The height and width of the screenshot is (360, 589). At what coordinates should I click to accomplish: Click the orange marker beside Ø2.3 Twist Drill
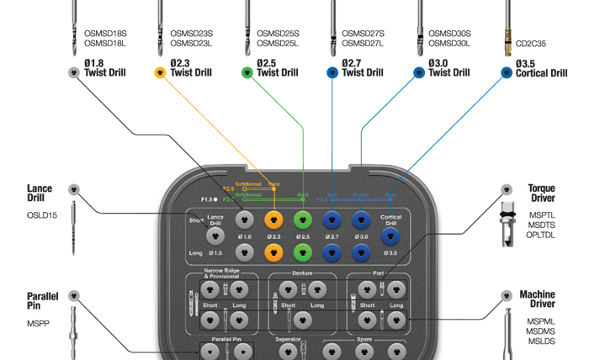coord(161,73)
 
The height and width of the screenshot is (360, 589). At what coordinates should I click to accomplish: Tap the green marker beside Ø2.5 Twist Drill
coord(247,73)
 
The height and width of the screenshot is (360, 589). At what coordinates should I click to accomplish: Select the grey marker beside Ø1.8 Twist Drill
coord(73,73)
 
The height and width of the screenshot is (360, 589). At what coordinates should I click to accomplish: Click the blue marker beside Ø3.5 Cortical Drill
coord(507,73)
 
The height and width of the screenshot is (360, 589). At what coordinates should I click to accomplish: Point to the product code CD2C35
coord(531,43)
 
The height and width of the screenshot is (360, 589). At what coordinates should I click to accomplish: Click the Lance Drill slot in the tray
coord(215,221)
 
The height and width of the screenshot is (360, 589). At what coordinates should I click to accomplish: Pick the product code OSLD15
coord(41,214)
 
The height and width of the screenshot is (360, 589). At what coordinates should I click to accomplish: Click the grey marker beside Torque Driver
coord(507,190)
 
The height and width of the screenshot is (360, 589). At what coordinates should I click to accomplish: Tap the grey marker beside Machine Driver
coord(507,296)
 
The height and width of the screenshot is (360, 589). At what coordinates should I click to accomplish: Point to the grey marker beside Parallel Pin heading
coord(74,296)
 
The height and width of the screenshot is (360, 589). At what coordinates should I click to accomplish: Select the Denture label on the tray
coord(302,273)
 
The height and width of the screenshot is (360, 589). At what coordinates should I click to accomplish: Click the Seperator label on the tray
coord(290,339)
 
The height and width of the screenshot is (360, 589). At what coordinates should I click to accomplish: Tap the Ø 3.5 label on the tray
coord(390,253)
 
